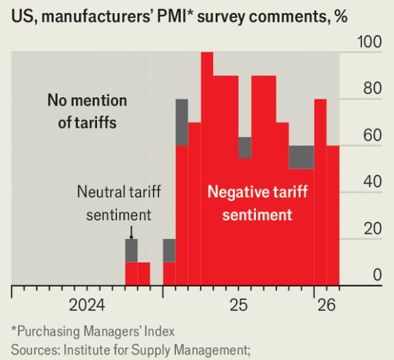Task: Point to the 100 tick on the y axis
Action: click(369, 42)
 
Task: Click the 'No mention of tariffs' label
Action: click(87, 112)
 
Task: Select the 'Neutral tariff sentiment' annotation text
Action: click(118, 203)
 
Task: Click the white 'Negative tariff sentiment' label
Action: click(250, 203)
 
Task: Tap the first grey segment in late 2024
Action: click(131, 250)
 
